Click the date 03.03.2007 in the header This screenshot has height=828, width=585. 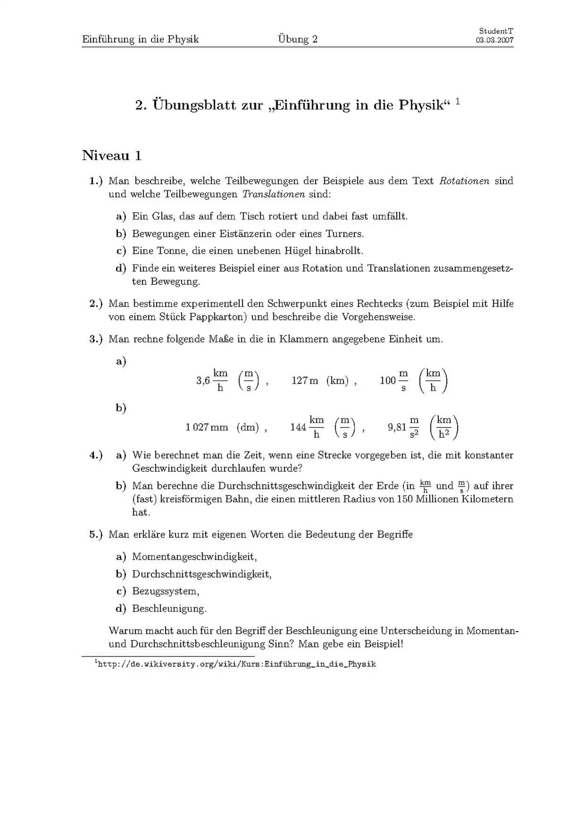click(494, 40)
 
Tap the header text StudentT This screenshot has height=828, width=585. click(496, 31)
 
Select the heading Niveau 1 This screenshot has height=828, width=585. click(112, 155)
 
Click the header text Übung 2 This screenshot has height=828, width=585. click(297, 39)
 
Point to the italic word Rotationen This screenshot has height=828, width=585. click(464, 181)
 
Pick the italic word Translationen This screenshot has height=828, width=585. click(273, 194)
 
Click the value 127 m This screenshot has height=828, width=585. click(305, 381)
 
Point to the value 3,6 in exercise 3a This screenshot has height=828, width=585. click(203, 381)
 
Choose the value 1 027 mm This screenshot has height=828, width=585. click(206, 427)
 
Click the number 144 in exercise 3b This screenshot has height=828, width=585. click(298, 427)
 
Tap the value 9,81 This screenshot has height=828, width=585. click(397, 427)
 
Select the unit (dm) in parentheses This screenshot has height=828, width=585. click(248, 427)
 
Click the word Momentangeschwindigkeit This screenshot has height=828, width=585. click(194, 557)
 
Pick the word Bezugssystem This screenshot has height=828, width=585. click(165, 591)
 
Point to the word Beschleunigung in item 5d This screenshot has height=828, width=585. click(169, 609)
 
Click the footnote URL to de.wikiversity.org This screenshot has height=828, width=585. click(237, 664)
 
